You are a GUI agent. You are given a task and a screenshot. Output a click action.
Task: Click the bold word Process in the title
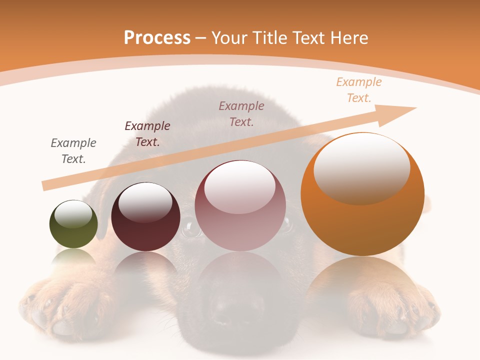[157, 38]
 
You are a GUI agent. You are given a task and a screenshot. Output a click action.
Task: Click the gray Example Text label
[73, 150]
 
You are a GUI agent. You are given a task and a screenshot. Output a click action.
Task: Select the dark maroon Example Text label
[147, 133]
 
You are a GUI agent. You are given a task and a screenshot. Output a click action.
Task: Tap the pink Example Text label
[241, 113]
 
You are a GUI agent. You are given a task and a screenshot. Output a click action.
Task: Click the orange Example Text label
[359, 90]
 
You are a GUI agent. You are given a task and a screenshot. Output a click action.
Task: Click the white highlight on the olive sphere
[73, 214]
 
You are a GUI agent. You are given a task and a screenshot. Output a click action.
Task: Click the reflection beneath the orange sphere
[362, 285]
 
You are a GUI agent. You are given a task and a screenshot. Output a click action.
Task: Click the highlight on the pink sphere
[240, 186]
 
